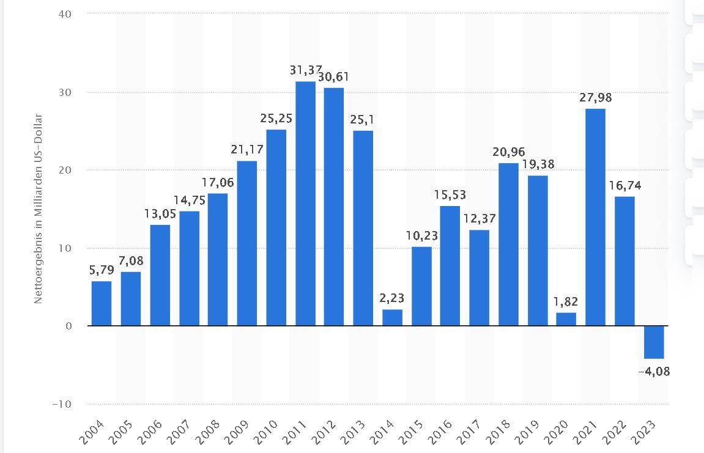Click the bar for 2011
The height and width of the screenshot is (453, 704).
(x=305, y=204)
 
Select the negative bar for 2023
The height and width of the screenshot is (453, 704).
(x=654, y=342)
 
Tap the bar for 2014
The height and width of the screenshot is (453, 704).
(x=392, y=318)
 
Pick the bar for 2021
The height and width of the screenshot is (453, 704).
(x=596, y=217)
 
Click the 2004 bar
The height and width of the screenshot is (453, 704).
(x=102, y=303)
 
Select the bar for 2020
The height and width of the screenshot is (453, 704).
(x=566, y=319)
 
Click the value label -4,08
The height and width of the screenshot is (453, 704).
(x=654, y=370)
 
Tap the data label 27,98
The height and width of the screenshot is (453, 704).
(x=596, y=98)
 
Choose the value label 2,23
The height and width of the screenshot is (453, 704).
(x=392, y=298)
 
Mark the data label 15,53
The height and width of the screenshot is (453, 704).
(x=450, y=195)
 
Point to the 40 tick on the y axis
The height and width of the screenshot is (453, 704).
(x=65, y=13)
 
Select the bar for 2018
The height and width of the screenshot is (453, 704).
(x=508, y=245)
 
